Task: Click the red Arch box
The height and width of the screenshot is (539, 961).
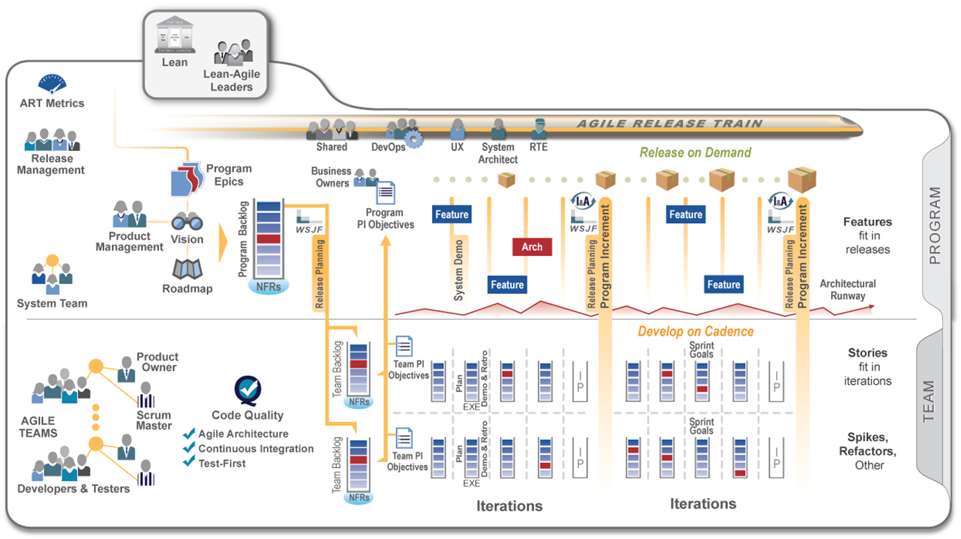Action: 532,247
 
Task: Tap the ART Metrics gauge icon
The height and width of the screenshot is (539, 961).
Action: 52,84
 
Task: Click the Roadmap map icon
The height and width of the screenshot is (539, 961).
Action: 187,269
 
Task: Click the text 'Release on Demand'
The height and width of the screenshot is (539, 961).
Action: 695,152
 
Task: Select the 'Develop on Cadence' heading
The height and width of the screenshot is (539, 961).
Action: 695,331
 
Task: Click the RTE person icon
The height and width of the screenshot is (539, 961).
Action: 538,129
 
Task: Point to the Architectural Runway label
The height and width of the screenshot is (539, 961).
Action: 848,290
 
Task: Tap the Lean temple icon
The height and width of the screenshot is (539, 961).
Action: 175,35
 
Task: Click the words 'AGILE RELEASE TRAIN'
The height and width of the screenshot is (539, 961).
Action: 669,124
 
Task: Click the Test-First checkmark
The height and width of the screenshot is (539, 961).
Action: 189,463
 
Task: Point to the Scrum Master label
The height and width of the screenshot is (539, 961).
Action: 154,420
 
